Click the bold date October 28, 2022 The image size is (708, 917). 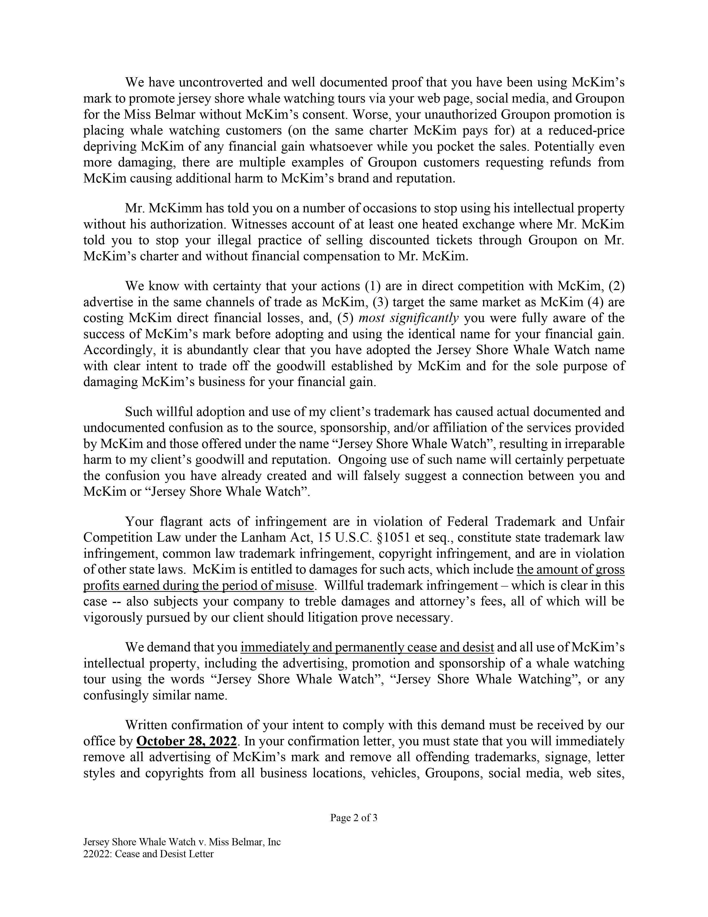coord(187,741)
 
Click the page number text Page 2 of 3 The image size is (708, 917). coord(353,818)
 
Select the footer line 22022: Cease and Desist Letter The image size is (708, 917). coord(149,854)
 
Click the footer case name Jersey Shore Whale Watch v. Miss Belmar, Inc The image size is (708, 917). coord(182,842)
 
